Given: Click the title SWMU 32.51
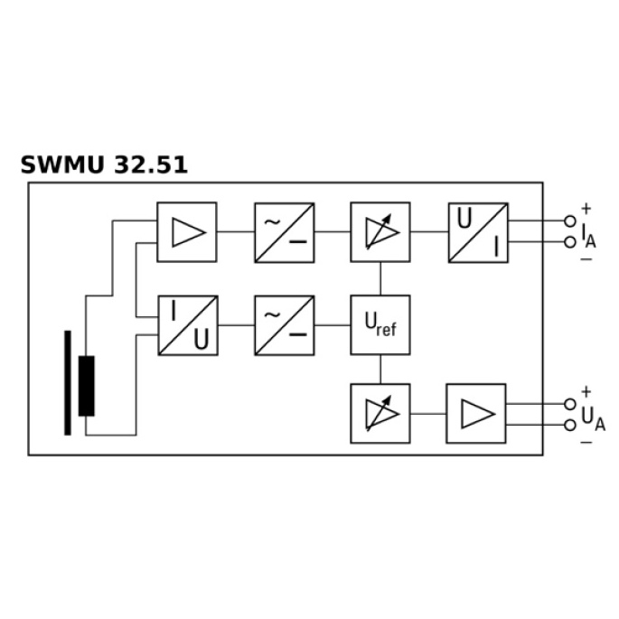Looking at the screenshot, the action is tap(104, 164).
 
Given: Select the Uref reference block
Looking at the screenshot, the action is tap(380, 325).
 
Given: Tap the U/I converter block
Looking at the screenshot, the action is tap(478, 232).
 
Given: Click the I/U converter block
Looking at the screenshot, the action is tap(188, 325).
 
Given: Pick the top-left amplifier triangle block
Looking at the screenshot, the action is tap(187, 232).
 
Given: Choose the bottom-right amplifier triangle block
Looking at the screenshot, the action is tap(476, 413).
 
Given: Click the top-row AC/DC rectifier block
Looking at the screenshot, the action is tap(285, 232).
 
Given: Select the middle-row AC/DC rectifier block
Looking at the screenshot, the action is tap(285, 325).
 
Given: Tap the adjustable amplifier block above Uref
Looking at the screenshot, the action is tap(380, 232).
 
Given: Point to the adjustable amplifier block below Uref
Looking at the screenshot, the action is tap(380, 413).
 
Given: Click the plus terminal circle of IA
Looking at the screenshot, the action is tap(569, 221).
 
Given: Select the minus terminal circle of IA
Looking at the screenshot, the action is tap(569, 242).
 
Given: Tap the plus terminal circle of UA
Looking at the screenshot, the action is tap(569, 404).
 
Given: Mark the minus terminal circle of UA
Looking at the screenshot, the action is tap(569, 426).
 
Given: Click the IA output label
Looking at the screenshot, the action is tap(588, 235).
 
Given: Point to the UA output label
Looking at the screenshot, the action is tap(593, 418).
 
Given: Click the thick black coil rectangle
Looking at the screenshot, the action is tap(87, 386).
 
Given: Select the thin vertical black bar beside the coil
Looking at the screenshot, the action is tap(68, 383).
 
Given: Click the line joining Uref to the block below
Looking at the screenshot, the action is tap(380, 369).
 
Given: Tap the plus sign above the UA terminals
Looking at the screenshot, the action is tap(586, 391).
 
